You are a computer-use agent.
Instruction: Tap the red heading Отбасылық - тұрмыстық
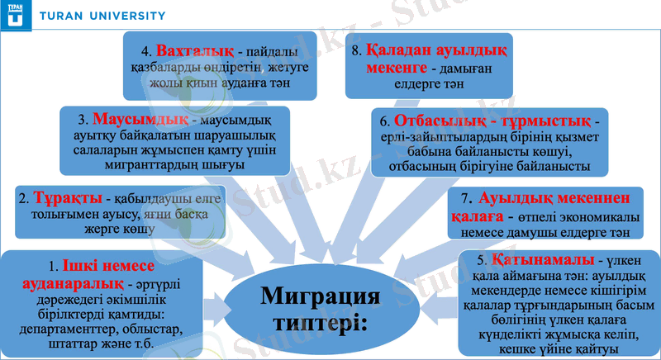496,121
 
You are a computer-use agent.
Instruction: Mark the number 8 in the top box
357,49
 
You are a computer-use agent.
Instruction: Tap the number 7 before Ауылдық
468,199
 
